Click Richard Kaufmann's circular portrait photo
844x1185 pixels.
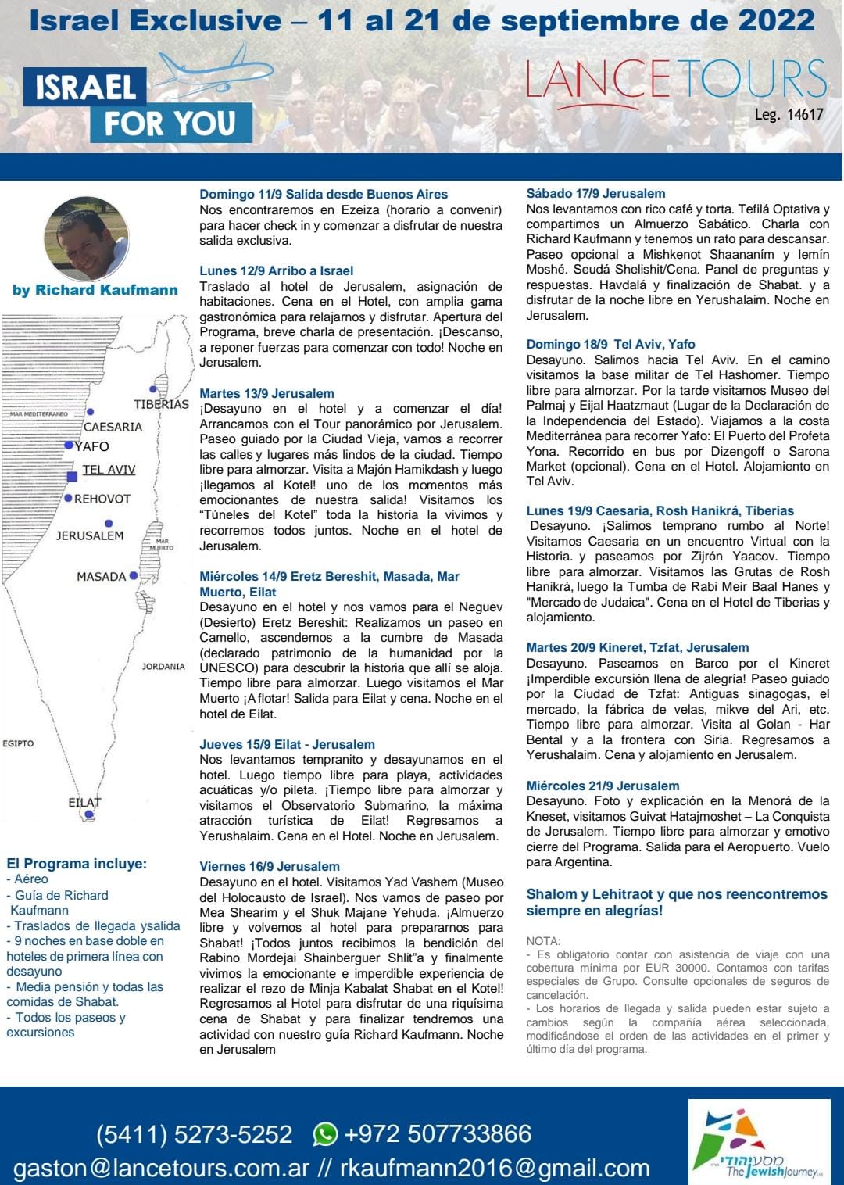click(86, 238)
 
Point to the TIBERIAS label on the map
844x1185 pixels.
click(161, 404)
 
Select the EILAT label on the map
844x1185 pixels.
click(84, 802)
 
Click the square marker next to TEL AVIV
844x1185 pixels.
click(72, 476)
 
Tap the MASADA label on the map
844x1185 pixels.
click(101, 576)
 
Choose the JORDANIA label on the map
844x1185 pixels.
click(163, 667)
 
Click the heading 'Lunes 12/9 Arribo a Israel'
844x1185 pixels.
click(277, 270)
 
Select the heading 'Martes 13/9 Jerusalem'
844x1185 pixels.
click(266, 393)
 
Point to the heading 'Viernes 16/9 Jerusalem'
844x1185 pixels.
click(270, 866)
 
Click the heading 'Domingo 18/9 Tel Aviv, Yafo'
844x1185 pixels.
click(610, 344)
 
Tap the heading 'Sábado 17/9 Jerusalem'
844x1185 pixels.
click(595, 193)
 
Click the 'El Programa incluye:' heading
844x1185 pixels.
click(77, 864)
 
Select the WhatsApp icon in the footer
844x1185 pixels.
click(325, 1133)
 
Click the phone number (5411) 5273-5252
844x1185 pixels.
click(194, 1133)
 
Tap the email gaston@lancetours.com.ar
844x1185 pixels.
click(162, 1168)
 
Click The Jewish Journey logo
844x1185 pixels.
click(758, 1142)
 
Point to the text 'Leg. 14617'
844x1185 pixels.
click(789, 115)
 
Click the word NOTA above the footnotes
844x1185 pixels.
click(543, 941)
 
